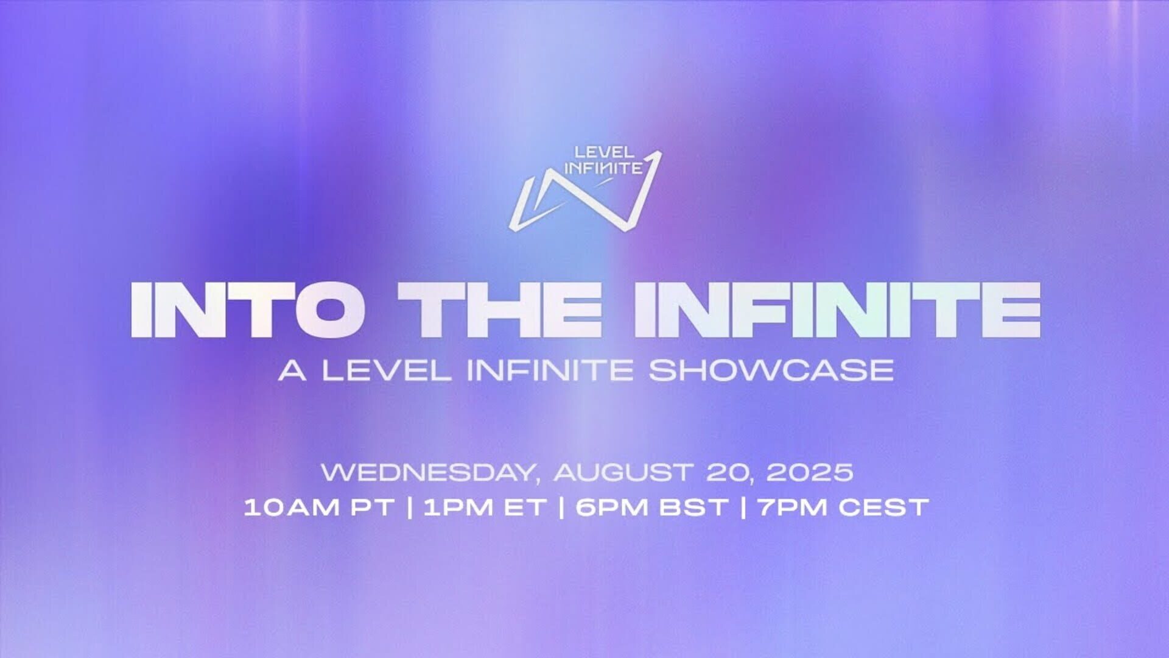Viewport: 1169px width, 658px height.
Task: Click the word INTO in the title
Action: (248, 310)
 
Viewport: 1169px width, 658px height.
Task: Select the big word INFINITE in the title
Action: (837, 310)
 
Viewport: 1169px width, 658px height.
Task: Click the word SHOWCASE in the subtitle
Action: (771, 370)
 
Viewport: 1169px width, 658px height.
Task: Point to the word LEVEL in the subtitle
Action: (387, 370)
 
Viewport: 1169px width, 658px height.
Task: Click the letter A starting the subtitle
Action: (292, 370)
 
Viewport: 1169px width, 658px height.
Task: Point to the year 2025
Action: (810, 472)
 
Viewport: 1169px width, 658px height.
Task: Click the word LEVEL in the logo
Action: (604, 152)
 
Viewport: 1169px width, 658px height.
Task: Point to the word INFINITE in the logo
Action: (603, 168)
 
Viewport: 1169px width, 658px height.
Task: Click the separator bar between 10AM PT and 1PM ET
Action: (410, 508)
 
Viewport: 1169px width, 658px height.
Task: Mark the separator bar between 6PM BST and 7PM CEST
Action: (744, 508)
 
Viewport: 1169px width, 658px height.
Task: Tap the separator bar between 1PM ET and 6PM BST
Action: (560, 508)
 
